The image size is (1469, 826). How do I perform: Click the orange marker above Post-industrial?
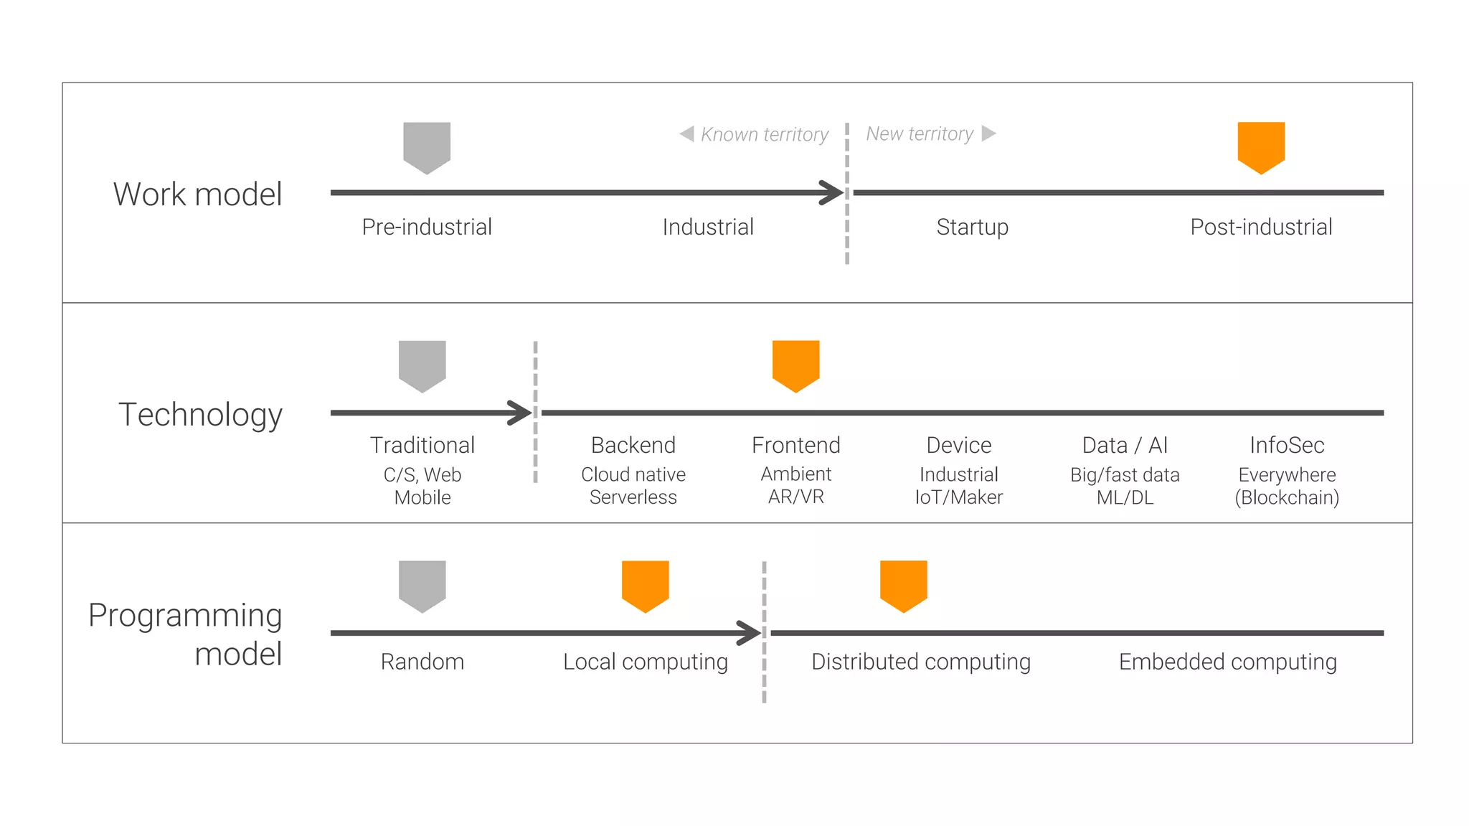tap(1261, 146)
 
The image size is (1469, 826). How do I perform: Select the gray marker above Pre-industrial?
tap(427, 146)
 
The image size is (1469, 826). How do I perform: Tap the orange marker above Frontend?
tap(795, 365)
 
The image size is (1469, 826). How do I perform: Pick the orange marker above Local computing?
tap(645, 585)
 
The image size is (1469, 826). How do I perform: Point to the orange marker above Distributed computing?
tap(903, 585)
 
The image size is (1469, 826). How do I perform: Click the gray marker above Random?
tap(422, 585)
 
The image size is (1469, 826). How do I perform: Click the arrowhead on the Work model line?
tap(833, 192)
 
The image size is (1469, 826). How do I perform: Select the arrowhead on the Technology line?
tap(521, 413)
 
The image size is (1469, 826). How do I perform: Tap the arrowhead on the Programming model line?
tap(750, 633)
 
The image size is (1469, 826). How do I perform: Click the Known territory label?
tap(764, 134)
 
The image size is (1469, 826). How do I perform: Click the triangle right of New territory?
tap(988, 133)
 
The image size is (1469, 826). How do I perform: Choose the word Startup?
tap(972, 227)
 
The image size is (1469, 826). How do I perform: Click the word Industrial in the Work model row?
tap(708, 227)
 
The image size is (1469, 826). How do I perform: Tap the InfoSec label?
tap(1287, 445)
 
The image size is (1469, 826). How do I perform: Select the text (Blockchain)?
tap(1287, 497)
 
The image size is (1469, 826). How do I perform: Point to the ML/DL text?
tap(1125, 497)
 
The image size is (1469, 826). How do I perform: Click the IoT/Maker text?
tap(958, 497)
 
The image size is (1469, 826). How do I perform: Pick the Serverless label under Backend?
tap(633, 497)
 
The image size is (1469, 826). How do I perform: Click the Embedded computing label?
tap(1227, 662)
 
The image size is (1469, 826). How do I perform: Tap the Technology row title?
tap(200, 415)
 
